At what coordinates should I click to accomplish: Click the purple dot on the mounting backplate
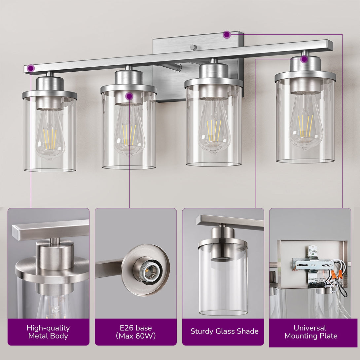point(227,35)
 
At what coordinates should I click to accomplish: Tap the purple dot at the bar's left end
point(31,68)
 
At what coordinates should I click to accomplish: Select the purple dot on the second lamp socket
point(129,96)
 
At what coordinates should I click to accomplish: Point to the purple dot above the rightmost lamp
point(305,59)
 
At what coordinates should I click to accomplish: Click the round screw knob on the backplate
point(193,48)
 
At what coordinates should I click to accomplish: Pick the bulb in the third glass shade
point(214,126)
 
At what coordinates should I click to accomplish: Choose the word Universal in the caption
point(310,328)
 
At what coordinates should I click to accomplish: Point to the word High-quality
point(48,328)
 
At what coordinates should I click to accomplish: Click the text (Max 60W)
point(136,336)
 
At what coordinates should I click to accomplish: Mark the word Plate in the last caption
point(329,336)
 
